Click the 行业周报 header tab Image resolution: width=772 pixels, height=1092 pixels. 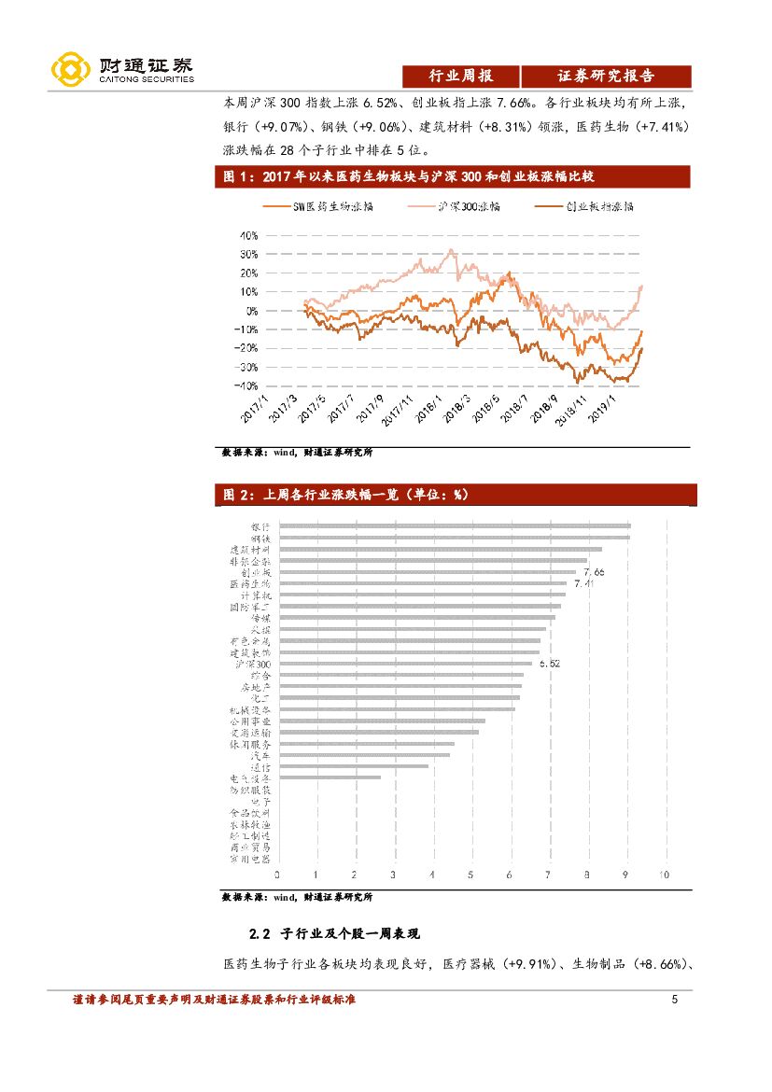pyautogui.click(x=460, y=77)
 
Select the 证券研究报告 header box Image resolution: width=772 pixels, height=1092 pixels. pyautogui.click(x=606, y=77)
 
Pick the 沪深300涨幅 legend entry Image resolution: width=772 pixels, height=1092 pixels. pyautogui.click(x=469, y=206)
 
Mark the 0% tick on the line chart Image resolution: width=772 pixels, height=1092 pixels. pyautogui.click(x=250, y=311)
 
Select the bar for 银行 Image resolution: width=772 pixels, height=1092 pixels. pyautogui.click(x=455, y=526)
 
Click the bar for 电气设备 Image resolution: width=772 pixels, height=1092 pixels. pyautogui.click(x=330, y=777)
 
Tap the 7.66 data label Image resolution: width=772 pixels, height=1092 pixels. pyautogui.click(x=594, y=571)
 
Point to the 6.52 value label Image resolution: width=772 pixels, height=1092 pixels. pyautogui.click(x=549, y=663)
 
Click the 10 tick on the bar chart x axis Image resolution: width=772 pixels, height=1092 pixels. pyautogui.click(x=663, y=875)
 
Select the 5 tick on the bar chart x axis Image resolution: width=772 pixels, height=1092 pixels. pyautogui.click(x=470, y=875)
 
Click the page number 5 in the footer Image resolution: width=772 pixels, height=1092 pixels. pyautogui.click(x=674, y=1000)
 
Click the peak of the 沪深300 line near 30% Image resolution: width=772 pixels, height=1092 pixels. pyautogui.click(x=452, y=250)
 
